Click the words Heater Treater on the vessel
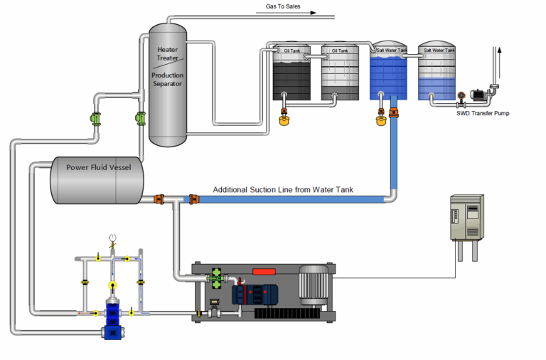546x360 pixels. pyautogui.click(x=168, y=54)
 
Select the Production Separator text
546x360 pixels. pyautogui.click(x=168, y=79)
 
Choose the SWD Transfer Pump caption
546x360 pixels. pyautogui.click(x=483, y=113)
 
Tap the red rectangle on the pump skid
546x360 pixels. pyautogui.click(x=264, y=271)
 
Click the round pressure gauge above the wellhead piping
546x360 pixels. pyautogui.click(x=112, y=238)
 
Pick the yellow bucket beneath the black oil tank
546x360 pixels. pyautogui.click(x=284, y=121)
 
